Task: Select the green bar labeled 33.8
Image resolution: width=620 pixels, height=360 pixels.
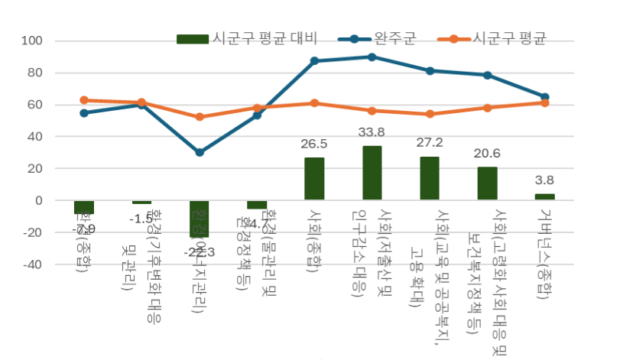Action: pyautogui.click(x=372, y=173)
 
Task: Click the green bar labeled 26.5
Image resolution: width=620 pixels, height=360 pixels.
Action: pyautogui.click(x=314, y=179)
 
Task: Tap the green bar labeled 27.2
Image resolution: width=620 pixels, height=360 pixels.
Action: pyautogui.click(x=430, y=178)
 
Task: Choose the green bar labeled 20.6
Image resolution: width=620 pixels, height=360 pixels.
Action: pyautogui.click(x=487, y=183)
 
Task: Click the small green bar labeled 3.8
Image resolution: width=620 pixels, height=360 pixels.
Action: pyautogui.click(x=544, y=196)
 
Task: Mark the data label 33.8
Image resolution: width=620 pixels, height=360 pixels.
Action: pyautogui.click(x=372, y=132)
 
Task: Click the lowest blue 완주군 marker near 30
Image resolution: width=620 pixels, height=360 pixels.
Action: pyautogui.click(x=200, y=152)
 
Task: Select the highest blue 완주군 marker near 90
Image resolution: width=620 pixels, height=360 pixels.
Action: pyautogui.click(x=372, y=57)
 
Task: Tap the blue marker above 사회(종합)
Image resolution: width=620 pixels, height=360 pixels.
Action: pyautogui.click(x=314, y=60)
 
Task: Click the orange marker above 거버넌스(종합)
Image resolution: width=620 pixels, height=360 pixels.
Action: pyautogui.click(x=544, y=102)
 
